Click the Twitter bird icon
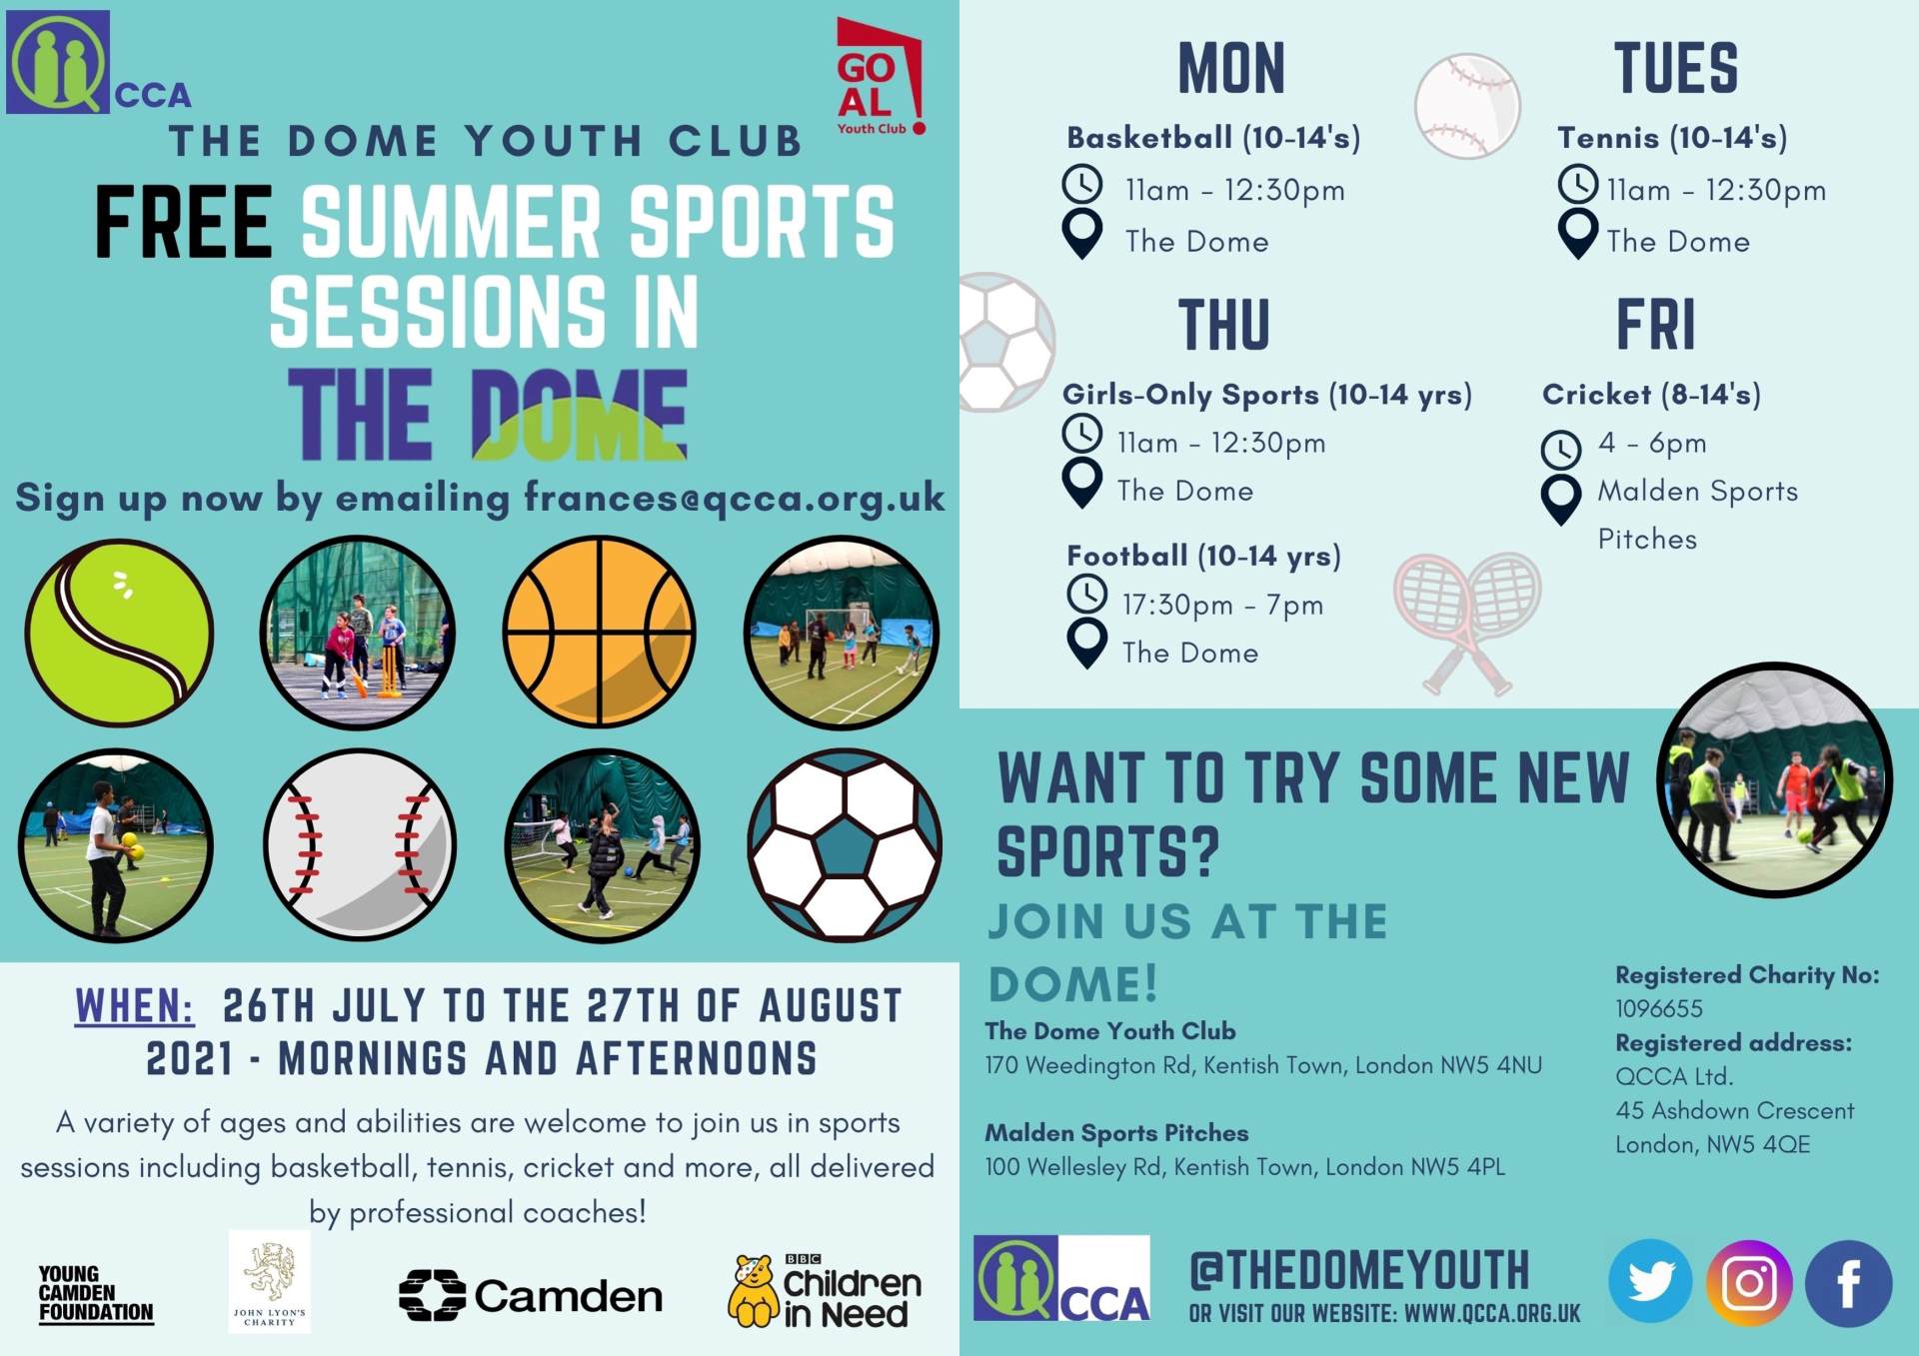tap(1650, 1281)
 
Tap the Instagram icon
tap(1749, 1283)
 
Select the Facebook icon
tap(1848, 1283)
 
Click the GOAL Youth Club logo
tap(879, 77)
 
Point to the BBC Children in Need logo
tap(825, 1291)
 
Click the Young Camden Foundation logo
tap(96, 1295)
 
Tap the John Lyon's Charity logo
tap(270, 1282)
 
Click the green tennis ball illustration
tap(119, 633)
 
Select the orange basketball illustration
tap(599, 632)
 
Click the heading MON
tap(1231, 69)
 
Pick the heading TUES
tap(1676, 69)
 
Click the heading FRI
tap(1656, 325)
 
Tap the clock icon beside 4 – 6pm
tap(1561, 450)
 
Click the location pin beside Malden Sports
tap(1561, 499)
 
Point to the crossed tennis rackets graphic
tap(1466, 624)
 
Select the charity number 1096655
tap(1659, 1009)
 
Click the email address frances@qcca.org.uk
tap(735, 498)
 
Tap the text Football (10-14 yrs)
tap(1203, 556)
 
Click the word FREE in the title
tap(183, 222)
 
